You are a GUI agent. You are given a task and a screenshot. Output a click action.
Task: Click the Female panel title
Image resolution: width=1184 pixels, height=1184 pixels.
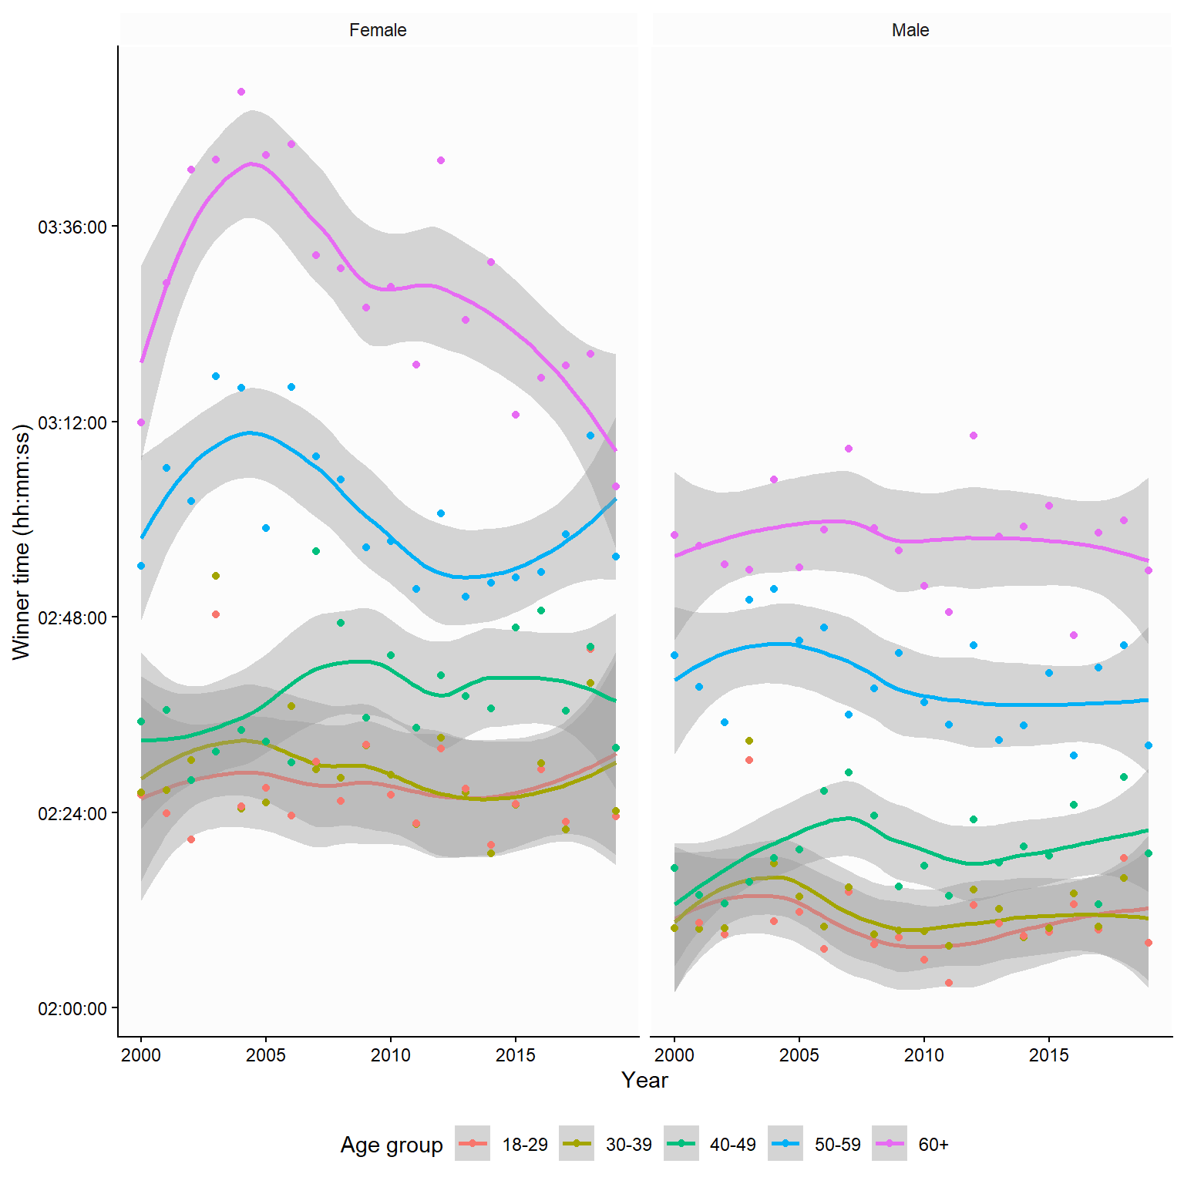click(378, 30)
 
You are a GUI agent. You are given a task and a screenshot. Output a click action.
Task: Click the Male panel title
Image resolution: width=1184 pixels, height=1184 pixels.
click(910, 30)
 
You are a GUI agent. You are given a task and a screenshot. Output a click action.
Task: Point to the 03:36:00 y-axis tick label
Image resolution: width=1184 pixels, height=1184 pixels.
click(72, 227)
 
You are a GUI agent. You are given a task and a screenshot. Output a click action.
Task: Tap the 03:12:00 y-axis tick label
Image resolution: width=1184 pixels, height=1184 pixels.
click(72, 423)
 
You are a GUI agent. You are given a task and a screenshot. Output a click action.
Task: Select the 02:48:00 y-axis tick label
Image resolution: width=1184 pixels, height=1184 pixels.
click(72, 618)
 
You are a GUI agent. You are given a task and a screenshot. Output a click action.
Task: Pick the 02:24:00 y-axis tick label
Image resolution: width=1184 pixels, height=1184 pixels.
click(72, 814)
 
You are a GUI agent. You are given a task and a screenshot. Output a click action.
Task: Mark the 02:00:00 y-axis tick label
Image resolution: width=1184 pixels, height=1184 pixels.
click(72, 1009)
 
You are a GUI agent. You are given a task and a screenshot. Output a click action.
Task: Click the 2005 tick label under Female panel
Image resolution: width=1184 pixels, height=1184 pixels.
click(266, 1055)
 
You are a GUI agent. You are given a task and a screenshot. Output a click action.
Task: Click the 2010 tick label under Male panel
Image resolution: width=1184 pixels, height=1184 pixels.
click(923, 1055)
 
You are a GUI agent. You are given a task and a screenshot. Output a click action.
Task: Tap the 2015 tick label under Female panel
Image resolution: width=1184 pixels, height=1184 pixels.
click(516, 1055)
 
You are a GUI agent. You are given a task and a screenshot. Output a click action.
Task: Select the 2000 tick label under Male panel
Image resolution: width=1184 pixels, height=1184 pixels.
click(674, 1055)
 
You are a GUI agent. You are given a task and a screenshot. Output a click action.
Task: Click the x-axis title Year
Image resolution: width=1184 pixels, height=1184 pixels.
click(644, 1081)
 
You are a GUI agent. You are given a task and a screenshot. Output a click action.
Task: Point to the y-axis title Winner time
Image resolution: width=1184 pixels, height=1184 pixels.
click(22, 542)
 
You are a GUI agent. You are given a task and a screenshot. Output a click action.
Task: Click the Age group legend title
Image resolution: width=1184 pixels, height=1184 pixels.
click(392, 1145)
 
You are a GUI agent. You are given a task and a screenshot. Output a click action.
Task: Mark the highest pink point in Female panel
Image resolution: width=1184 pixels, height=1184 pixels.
click(241, 92)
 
